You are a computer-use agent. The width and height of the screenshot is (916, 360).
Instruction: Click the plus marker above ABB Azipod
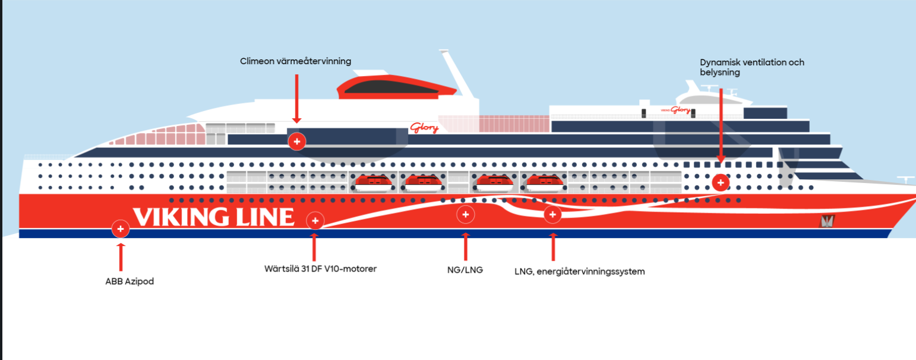pos(121,228)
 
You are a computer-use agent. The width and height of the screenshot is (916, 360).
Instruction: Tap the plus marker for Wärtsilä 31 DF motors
pos(315,221)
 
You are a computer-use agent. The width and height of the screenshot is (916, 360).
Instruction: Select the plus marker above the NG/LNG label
pos(465,214)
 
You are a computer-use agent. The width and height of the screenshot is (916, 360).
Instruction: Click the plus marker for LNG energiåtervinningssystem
pos(552,214)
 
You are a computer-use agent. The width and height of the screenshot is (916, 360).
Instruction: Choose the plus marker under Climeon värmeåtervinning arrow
pos(296,141)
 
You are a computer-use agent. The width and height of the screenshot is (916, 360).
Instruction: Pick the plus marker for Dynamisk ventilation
pos(721,182)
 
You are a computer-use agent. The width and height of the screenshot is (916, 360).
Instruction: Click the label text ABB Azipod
pos(129,282)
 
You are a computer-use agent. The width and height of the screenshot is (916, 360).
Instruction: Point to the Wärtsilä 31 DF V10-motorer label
pos(320,269)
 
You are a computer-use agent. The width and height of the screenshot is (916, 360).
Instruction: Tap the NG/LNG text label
pos(465,270)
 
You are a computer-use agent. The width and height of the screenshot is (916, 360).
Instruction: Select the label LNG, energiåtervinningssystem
pos(579,271)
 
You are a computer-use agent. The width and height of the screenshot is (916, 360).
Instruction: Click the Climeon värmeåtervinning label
pos(296,61)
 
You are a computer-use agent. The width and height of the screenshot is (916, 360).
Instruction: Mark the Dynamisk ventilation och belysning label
pos(751,67)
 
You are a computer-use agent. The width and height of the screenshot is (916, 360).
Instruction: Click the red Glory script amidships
pos(424,127)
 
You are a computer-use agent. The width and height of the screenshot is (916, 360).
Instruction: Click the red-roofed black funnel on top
pos(397,88)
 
